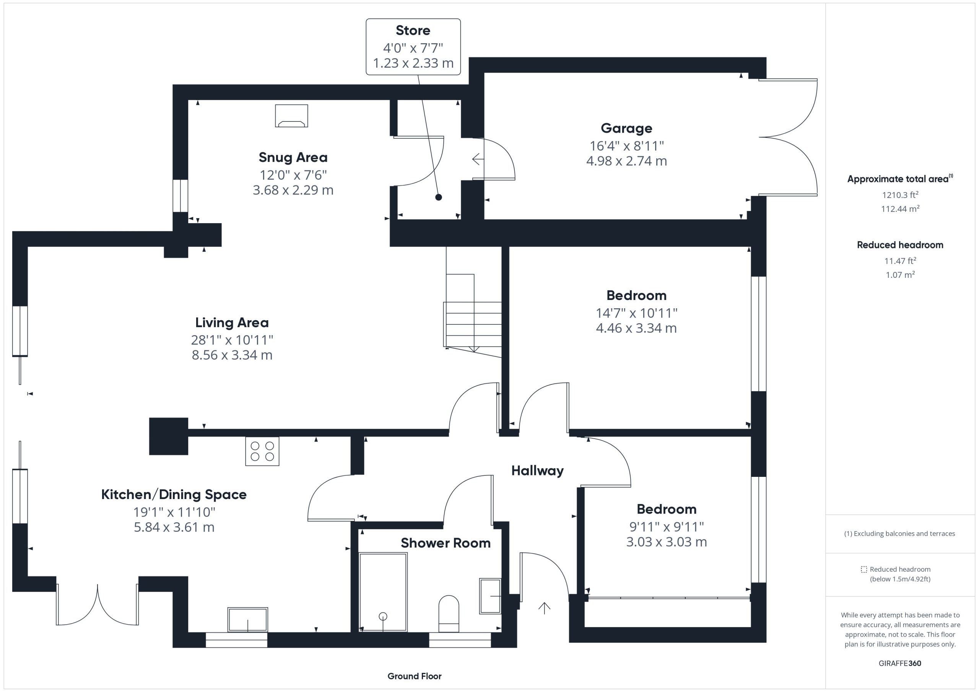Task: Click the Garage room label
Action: point(626,128)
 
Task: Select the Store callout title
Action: point(413,30)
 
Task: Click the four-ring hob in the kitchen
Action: point(262,451)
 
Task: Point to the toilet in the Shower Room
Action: point(449,614)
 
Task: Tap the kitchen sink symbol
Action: point(248,619)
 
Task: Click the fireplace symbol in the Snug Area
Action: point(291,116)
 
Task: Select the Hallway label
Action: point(537,471)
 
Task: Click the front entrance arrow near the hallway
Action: point(544,608)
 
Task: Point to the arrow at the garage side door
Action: point(478,159)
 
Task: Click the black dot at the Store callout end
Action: point(438,197)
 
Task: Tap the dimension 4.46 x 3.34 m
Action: point(636,328)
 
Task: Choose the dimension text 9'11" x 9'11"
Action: point(667,527)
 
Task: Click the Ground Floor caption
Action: point(415,676)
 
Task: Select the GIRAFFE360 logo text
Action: point(900,663)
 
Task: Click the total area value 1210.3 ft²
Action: point(900,195)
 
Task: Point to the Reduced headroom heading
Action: point(900,245)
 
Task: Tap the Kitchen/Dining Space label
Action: point(174,495)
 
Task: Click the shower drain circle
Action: point(383,616)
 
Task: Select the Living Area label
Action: point(232,323)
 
